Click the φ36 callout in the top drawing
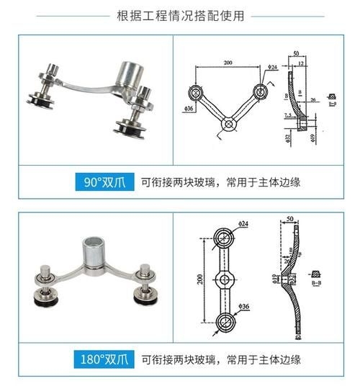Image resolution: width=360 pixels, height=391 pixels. pyautogui.click(x=189, y=108)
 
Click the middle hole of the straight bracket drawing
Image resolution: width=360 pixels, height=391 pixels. pyautogui.click(x=225, y=279)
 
